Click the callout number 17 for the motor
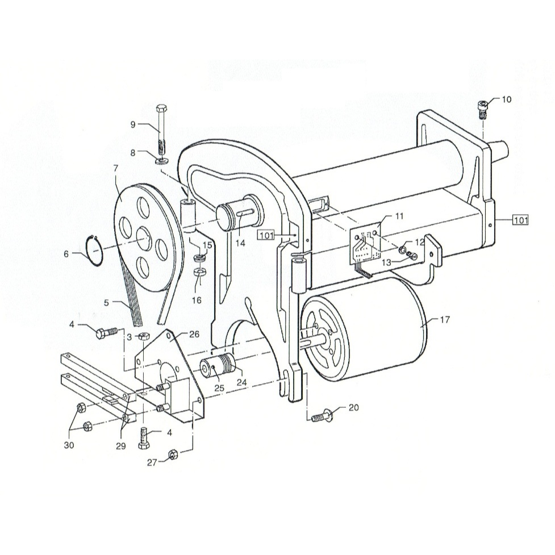point(445,320)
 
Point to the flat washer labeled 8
point(162,161)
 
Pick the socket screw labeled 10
point(483,110)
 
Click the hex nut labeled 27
point(173,454)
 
